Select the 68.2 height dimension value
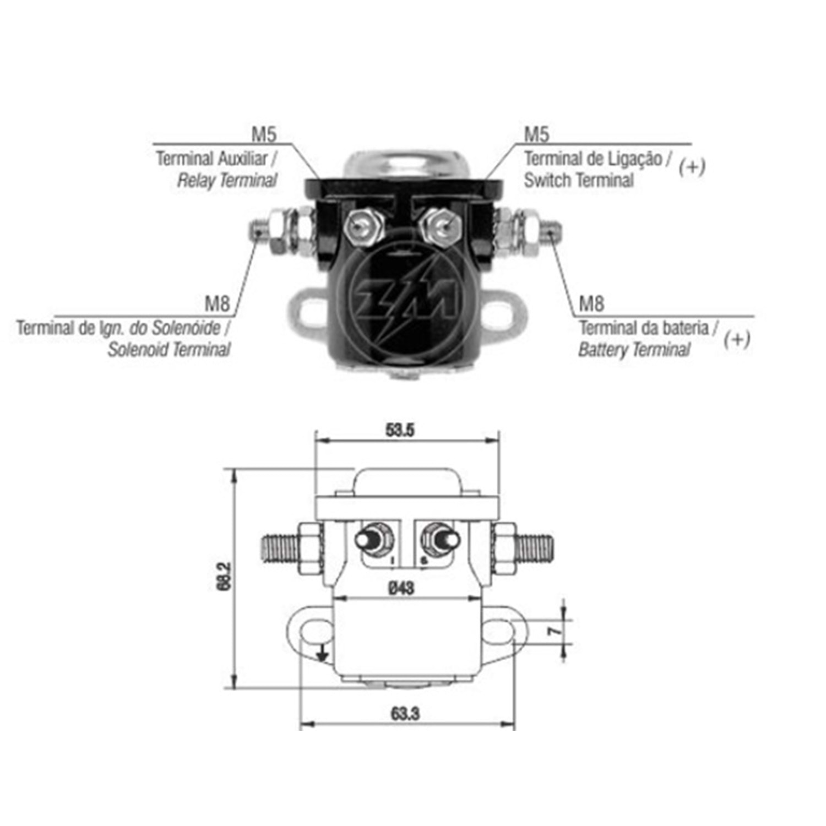[224, 576]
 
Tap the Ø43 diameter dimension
[401, 588]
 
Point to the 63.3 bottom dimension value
[406, 714]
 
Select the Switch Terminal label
[579, 180]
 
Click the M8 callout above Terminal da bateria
[591, 303]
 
